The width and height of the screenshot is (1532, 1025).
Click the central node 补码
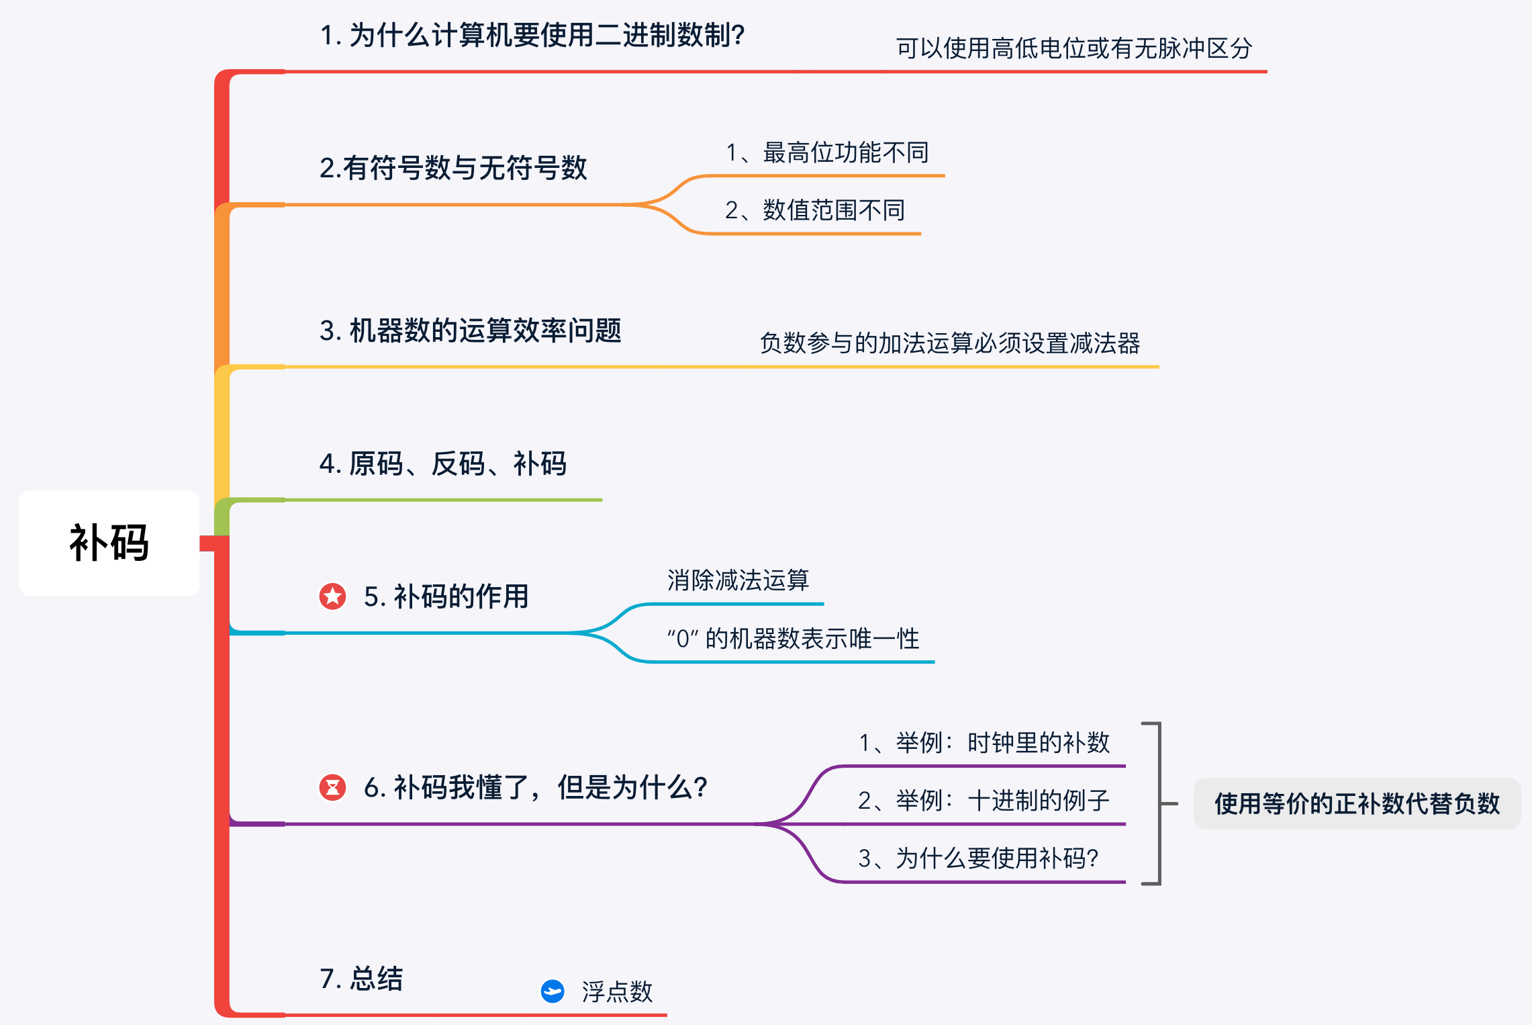(x=109, y=543)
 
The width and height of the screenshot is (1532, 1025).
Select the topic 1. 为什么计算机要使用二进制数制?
(x=532, y=35)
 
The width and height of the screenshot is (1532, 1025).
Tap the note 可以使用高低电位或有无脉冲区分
(x=1074, y=48)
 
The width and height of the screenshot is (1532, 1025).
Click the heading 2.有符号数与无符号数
(x=453, y=168)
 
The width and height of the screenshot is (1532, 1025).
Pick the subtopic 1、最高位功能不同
(x=827, y=153)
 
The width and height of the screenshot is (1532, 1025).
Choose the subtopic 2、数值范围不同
(x=815, y=211)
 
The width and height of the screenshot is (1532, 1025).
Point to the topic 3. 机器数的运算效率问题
(x=470, y=330)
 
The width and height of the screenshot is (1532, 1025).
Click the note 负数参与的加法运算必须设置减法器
(x=949, y=343)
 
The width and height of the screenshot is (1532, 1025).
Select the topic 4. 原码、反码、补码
(x=443, y=463)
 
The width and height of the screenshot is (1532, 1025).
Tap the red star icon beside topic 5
(x=332, y=596)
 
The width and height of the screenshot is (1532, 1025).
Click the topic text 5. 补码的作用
(x=446, y=596)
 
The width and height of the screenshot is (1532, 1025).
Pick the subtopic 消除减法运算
(x=738, y=580)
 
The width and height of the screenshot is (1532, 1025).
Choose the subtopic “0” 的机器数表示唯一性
(x=793, y=639)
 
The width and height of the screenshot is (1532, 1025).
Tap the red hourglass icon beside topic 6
(x=332, y=787)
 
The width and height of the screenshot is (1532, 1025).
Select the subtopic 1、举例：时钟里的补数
(x=984, y=743)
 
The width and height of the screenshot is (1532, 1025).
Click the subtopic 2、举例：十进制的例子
(x=984, y=801)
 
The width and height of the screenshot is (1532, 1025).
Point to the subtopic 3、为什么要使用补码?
(x=978, y=858)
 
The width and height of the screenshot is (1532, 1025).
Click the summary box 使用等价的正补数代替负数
(x=1357, y=803)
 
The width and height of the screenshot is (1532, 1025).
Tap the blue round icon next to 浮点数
(x=553, y=991)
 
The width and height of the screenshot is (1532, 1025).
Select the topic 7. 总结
(x=361, y=979)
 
